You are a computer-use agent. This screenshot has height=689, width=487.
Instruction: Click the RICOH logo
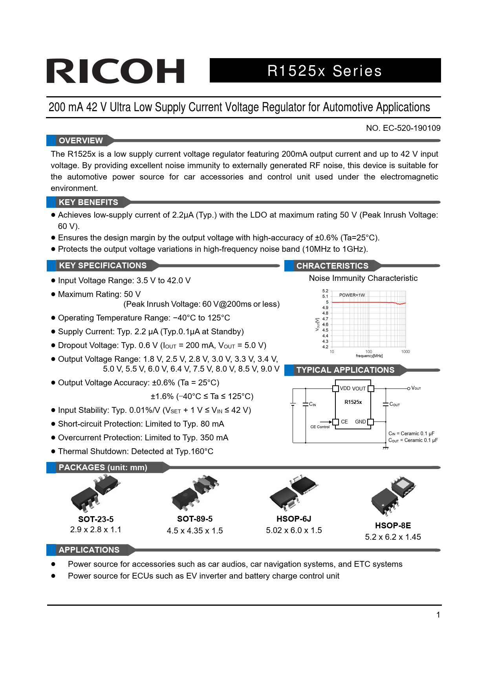[115, 71]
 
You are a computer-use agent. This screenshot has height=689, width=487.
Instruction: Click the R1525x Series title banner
[325, 71]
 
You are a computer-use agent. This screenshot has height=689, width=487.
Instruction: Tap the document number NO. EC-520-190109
[403, 128]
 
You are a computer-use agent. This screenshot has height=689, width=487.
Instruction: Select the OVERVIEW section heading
[81, 141]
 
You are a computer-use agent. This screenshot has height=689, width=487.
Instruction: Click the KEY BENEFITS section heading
[88, 202]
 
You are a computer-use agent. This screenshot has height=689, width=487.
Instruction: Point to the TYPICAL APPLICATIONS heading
[345, 370]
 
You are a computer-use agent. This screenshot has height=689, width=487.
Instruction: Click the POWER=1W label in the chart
[352, 295]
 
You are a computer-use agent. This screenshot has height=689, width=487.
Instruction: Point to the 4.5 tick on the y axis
[325, 330]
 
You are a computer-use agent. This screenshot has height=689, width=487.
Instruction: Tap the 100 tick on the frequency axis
[368, 352]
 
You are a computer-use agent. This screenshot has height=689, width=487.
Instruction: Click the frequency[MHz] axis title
[369, 356]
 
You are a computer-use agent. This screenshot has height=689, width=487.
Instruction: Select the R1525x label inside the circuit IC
[353, 402]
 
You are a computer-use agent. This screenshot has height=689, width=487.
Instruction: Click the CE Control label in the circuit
[320, 427]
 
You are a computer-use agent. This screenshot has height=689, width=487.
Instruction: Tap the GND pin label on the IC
[360, 421]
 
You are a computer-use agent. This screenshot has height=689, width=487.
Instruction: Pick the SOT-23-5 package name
[96, 519]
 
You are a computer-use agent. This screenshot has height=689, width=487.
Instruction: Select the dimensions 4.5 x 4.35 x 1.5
[195, 531]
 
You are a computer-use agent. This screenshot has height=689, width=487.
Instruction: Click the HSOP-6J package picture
[294, 493]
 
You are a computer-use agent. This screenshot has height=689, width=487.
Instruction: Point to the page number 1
[438, 615]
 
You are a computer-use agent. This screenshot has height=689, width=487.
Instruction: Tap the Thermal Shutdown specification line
[135, 451]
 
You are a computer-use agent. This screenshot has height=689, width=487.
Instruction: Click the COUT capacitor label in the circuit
[394, 404]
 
